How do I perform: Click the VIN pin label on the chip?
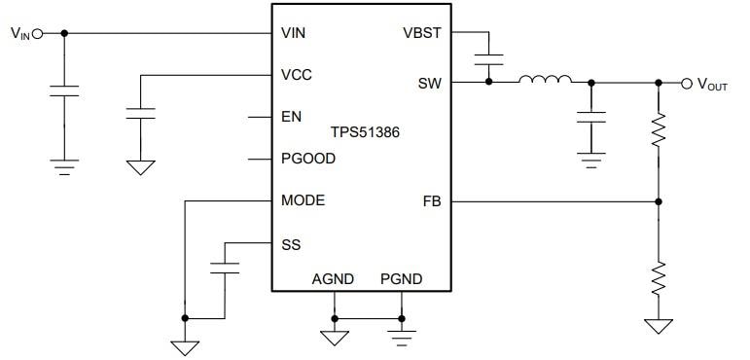click(294, 33)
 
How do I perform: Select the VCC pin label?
click(296, 75)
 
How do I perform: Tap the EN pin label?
click(291, 117)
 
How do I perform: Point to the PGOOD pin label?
click(307, 159)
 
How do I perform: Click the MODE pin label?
click(303, 201)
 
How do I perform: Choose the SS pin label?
click(291, 244)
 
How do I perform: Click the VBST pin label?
click(422, 33)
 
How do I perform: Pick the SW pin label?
click(429, 83)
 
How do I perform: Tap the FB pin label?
click(432, 201)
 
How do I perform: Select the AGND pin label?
click(333, 279)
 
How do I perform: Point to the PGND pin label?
click(401, 279)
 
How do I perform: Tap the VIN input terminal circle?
click(38, 33)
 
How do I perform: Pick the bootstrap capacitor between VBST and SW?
click(489, 59)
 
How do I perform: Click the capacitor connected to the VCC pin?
click(141, 112)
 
